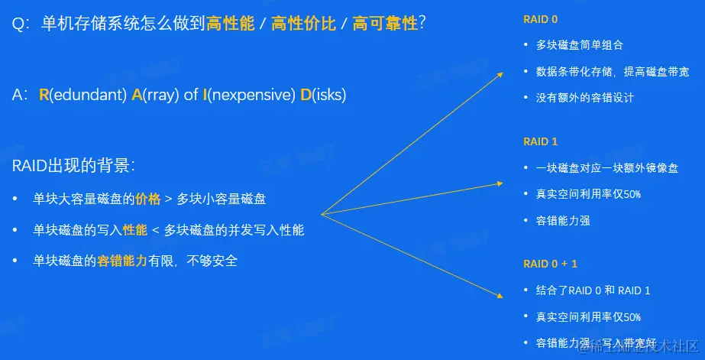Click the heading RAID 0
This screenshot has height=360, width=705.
tap(541, 19)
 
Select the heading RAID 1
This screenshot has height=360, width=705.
tap(541, 141)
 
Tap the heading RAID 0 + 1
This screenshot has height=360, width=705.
tap(551, 264)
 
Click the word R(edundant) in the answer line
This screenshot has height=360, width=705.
tap(82, 96)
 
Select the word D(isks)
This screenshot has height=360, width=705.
tap(323, 96)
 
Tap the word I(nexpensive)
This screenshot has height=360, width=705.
tap(249, 96)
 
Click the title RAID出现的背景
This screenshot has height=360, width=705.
tap(73, 166)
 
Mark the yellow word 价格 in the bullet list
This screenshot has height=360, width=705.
tap(148, 199)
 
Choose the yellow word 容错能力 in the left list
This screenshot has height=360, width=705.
tap(122, 261)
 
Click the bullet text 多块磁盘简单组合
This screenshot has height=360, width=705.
tap(580, 45)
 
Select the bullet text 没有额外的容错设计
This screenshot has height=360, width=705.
tap(585, 97)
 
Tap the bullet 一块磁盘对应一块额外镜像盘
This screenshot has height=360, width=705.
tap(607, 168)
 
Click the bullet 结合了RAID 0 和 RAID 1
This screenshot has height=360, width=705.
tap(593, 290)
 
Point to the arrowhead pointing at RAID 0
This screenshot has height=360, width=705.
tap(500, 75)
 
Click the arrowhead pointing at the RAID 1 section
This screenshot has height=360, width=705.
tap(500, 183)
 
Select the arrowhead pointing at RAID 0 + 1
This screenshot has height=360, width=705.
tap(500, 296)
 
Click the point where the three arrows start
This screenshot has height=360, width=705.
tap(321, 214)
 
